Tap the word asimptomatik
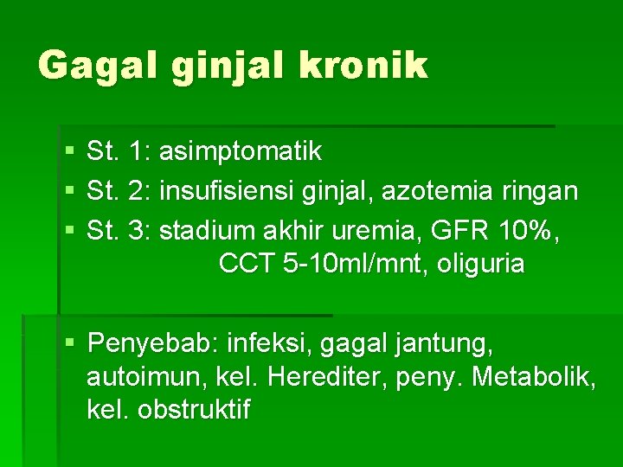tap(241, 152)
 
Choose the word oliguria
tap(481, 264)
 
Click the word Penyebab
tap(152, 344)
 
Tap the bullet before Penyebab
tap(69, 344)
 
